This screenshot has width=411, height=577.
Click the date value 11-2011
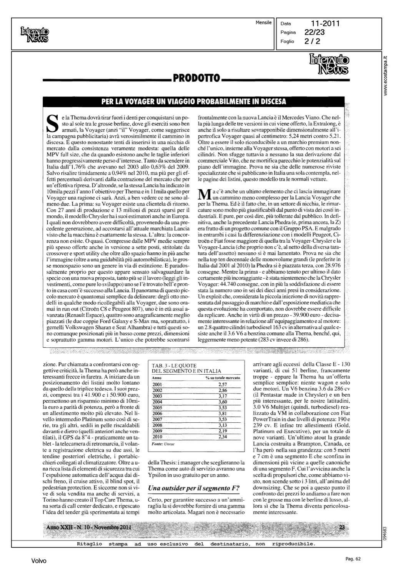click(326, 24)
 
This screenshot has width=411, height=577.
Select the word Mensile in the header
click(263, 23)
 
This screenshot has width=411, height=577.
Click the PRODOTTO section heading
click(196, 79)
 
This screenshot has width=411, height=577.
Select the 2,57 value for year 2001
click(222, 384)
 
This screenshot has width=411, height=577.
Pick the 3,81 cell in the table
click(222, 414)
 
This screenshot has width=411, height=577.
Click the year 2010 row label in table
click(158, 437)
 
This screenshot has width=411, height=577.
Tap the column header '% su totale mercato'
click(223, 378)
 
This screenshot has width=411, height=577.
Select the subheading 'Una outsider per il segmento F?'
click(194, 488)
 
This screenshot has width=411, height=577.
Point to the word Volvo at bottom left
click(39, 561)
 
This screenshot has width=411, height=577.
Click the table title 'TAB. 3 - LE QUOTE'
click(174, 365)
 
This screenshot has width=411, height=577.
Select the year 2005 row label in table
click(158, 408)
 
